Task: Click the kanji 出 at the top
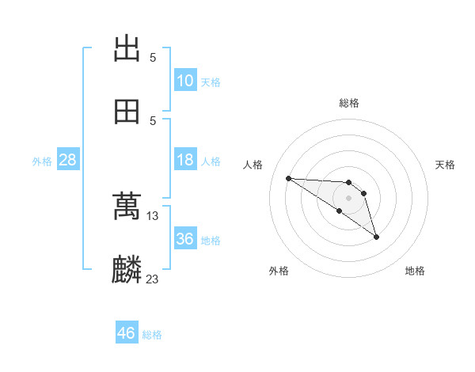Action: coord(127,49)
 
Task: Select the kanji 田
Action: coord(127,112)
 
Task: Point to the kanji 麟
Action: coord(127,270)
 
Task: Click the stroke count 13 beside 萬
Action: coord(153,216)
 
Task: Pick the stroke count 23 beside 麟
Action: coord(153,279)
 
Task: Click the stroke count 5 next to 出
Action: coord(153,58)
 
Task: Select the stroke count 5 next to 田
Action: coord(153,120)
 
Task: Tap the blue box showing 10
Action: coord(185,81)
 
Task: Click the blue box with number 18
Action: coord(185,160)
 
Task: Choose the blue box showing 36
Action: coord(185,239)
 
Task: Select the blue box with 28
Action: coord(68,160)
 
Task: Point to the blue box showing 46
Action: coord(127,333)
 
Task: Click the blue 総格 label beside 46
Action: coord(152,335)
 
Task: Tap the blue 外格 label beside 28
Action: coord(42,161)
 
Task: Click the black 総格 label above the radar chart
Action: coord(349,103)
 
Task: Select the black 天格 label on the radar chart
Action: coord(446,165)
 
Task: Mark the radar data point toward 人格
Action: coord(288,178)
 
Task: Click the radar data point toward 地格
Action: coord(376,237)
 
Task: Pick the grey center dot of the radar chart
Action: coord(349,197)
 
